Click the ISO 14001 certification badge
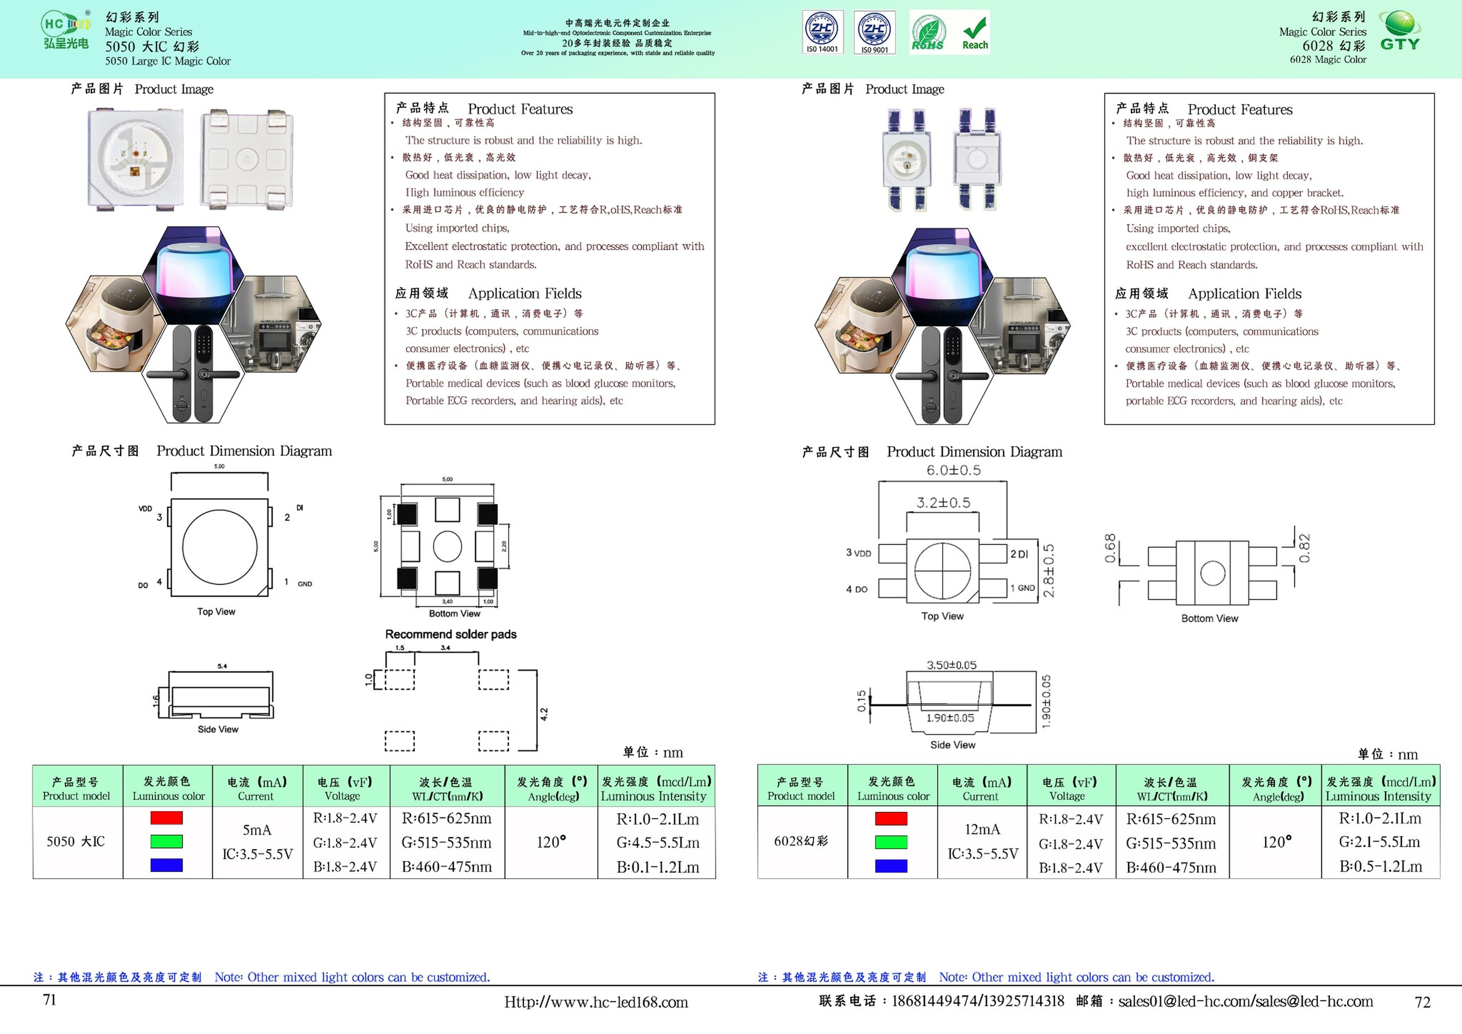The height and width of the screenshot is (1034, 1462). [822, 32]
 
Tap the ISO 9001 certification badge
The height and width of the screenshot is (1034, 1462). [874, 32]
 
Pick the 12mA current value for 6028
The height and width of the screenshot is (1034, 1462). [982, 829]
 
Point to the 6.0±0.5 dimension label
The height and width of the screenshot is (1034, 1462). [953, 470]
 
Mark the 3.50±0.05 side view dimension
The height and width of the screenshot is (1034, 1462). [951, 665]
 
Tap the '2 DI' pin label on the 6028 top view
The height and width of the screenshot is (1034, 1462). [1019, 554]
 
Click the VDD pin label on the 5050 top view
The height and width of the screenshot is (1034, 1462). [145, 508]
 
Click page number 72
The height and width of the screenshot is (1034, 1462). [1422, 1002]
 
